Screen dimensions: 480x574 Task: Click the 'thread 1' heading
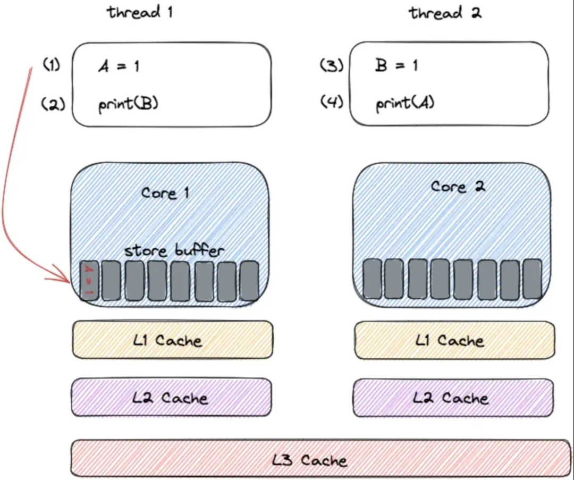tap(140, 12)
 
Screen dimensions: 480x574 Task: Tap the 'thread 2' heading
tap(445, 13)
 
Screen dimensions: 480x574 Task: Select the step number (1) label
tap(52, 66)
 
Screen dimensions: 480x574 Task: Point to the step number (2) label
tap(53, 104)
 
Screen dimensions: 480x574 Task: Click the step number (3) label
tap(332, 66)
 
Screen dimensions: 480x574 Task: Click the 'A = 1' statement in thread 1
tap(119, 66)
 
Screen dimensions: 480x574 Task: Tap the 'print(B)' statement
tap(128, 104)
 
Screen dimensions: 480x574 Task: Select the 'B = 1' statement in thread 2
tap(396, 65)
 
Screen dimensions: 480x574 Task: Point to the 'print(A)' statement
tap(405, 103)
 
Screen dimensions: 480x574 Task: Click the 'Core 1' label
tap(165, 192)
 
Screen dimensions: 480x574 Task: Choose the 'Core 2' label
tap(458, 187)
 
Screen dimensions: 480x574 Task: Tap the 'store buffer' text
tap(174, 250)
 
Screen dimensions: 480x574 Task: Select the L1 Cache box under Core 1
tap(172, 340)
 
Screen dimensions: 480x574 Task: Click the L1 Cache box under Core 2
tap(454, 340)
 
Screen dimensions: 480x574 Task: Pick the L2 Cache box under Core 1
tap(172, 397)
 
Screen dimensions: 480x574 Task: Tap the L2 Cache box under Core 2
tap(453, 398)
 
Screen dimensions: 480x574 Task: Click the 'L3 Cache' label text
tap(309, 460)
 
